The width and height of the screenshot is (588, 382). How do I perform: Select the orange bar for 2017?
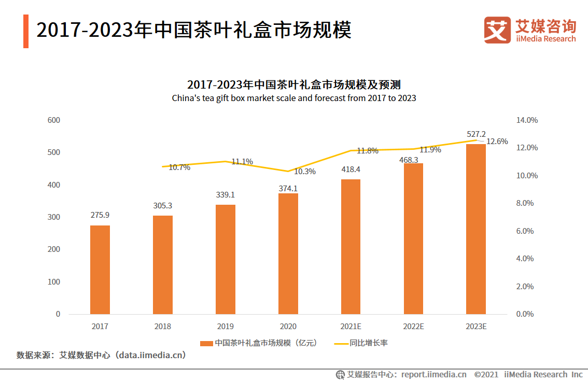(x=100, y=270)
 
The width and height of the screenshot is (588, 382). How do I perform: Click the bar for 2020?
(x=288, y=253)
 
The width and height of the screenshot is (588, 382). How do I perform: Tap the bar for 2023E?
(x=476, y=229)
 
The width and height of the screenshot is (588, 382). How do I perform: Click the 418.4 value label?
(x=351, y=169)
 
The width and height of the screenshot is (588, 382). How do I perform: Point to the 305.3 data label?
(x=162, y=205)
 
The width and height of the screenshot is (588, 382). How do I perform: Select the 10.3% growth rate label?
(x=305, y=172)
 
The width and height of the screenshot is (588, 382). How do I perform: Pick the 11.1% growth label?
(x=242, y=162)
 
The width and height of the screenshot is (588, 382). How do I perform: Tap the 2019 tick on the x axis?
(x=225, y=327)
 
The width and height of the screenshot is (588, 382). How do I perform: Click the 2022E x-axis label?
(x=413, y=327)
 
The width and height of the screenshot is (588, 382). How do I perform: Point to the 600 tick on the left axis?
(x=54, y=120)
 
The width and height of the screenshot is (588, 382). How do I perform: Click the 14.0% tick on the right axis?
(x=527, y=120)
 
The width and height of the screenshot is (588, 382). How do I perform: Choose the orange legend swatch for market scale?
(x=206, y=343)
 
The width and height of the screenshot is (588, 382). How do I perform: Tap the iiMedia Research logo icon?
(x=497, y=30)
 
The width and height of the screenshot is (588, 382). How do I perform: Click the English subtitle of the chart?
(x=294, y=98)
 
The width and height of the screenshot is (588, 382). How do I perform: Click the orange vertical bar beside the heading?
(x=26, y=31)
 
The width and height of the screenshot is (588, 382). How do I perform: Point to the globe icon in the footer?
(x=340, y=374)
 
